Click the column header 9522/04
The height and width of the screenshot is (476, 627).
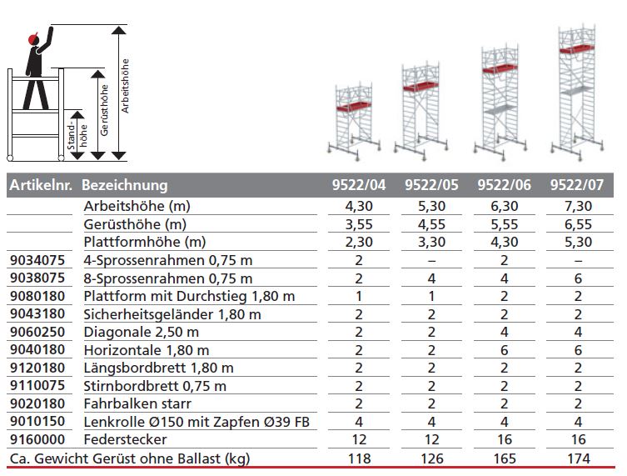pyautogui.click(x=358, y=185)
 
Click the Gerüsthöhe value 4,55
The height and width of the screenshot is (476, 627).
pyautogui.click(x=429, y=224)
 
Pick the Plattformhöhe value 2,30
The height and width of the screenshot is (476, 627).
pyautogui.click(x=358, y=243)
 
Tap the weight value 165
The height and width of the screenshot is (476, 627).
pyautogui.click(x=503, y=458)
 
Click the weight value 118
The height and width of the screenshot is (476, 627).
pyautogui.click(x=358, y=458)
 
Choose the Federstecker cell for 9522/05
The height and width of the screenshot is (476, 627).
pyautogui.click(x=429, y=439)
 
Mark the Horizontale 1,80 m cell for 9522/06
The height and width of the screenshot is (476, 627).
pyautogui.click(x=503, y=350)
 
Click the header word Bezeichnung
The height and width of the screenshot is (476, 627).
pyautogui.click(x=125, y=185)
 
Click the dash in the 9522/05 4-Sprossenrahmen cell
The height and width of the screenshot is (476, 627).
pyautogui.click(x=429, y=261)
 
